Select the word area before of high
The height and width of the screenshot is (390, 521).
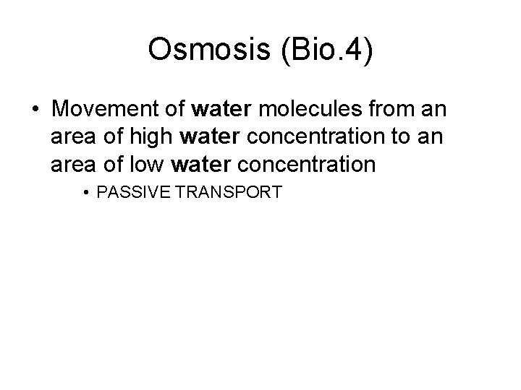coord(73,137)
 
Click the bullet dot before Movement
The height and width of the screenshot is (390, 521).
coord(35,110)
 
